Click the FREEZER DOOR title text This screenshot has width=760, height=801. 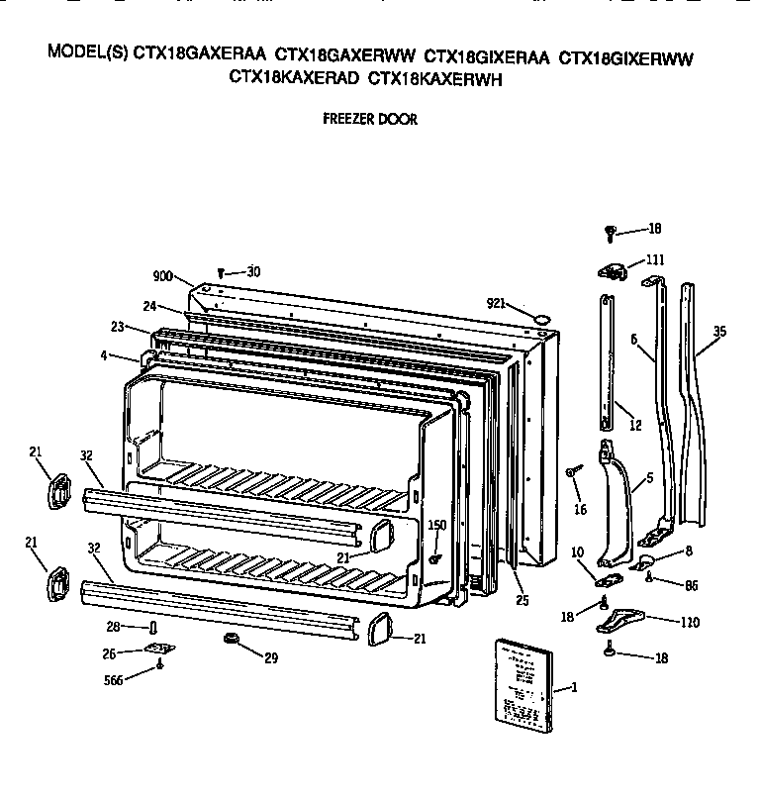point(370,119)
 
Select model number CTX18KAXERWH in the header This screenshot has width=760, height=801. point(435,78)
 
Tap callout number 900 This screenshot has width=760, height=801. point(163,276)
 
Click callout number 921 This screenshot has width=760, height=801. point(497,303)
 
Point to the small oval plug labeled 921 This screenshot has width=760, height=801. point(541,317)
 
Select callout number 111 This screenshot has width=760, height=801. point(654,259)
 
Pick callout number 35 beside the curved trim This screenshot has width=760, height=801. point(718,332)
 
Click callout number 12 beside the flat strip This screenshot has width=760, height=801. point(634,425)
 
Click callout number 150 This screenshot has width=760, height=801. point(436,524)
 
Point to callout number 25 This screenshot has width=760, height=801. point(521,600)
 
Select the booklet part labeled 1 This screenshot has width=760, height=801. point(520,683)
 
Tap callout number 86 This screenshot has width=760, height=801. point(690,585)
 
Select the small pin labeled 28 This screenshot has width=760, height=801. point(153,628)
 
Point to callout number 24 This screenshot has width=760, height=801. point(149,305)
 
